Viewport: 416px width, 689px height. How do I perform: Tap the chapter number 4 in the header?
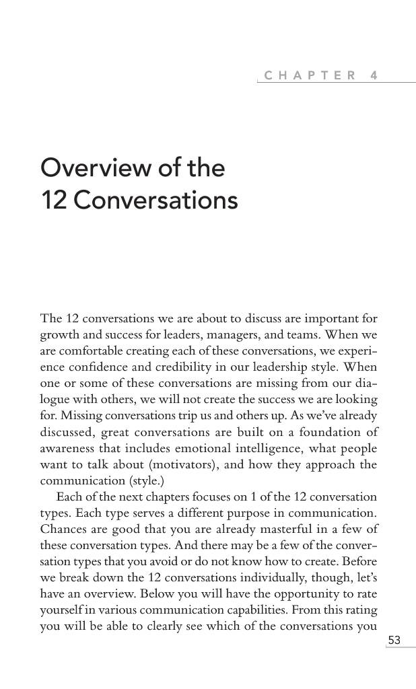pos(374,76)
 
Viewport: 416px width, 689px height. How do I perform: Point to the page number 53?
pos(394,641)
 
